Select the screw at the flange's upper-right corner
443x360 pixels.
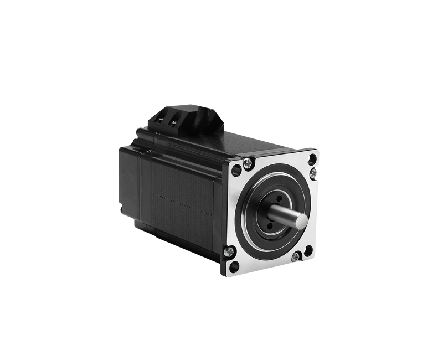(313, 173)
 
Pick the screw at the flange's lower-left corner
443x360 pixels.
(229, 253)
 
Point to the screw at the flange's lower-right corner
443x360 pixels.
(297, 256)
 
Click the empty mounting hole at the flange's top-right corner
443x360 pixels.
(312, 159)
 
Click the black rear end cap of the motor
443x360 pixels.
(128, 177)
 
